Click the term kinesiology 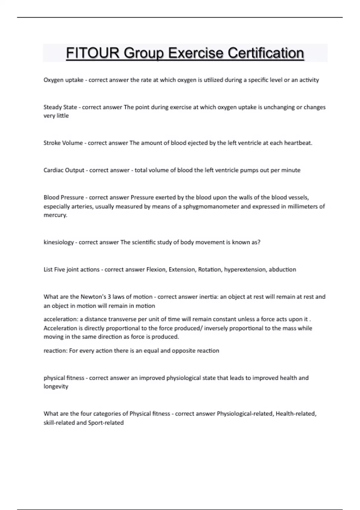click(x=58, y=242)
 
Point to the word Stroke click(x=51, y=143)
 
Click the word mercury click(x=55, y=215)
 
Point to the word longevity click(x=56, y=386)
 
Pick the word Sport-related click(x=106, y=423)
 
